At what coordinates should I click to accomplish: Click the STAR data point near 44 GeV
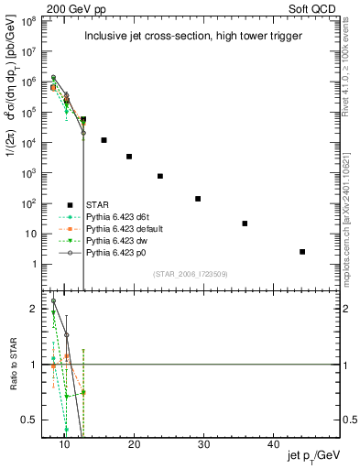click(x=302, y=251)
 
